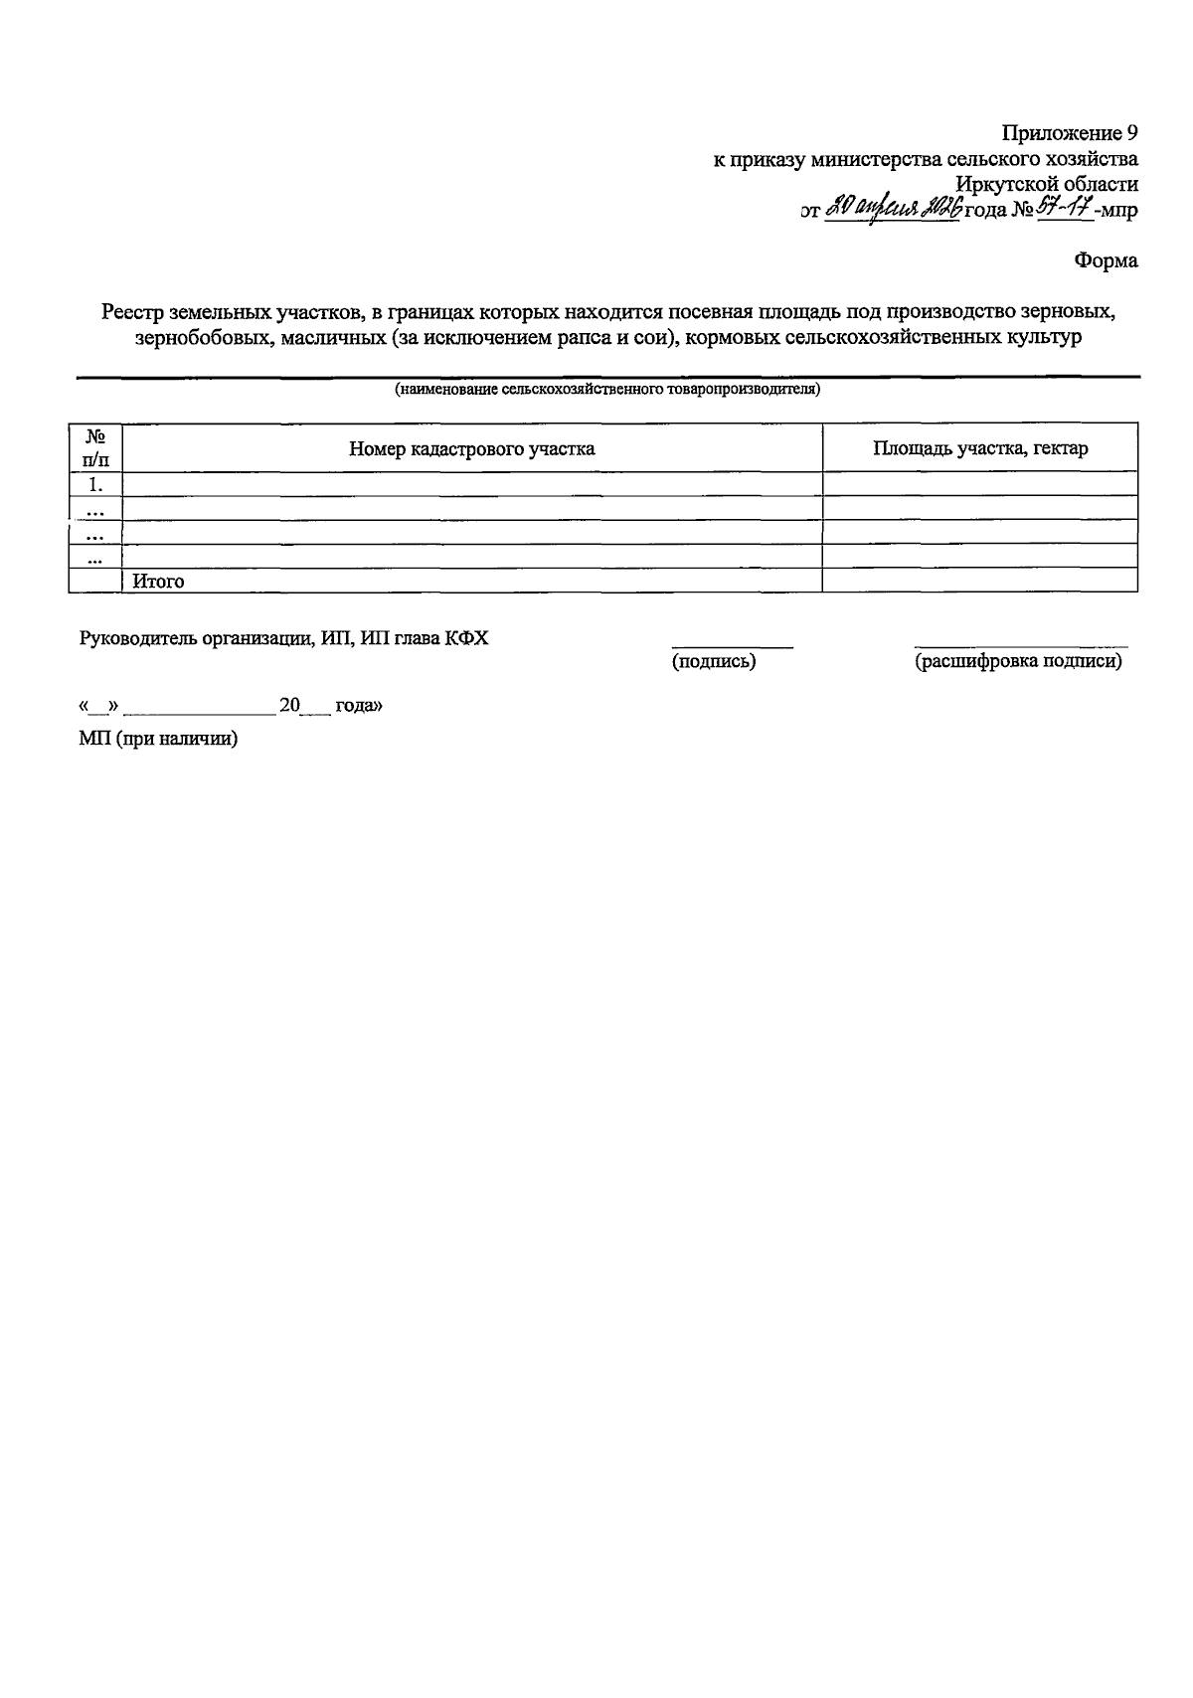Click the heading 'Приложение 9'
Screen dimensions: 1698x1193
pyautogui.click(x=1069, y=133)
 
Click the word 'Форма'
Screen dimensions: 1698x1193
pyautogui.click(x=1106, y=261)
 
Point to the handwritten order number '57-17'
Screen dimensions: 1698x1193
pyautogui.click(x=1065, y=209)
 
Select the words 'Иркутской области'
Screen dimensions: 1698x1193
pyautogui.click(x=1047, y=184)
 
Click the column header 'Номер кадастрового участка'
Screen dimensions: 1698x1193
pyautogui.click(x=471, y=448)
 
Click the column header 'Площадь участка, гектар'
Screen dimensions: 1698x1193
pyautogui.click(x=979, y=448)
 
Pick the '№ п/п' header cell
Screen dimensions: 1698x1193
pyautogui.click(x=95, y=447)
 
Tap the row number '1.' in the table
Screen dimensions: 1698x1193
pyautogui.click(x=95, y=484)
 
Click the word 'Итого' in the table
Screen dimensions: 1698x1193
pyautogui.click(x=158, y=582)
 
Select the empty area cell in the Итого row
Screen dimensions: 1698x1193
pyautogui.click(x=979, y=581)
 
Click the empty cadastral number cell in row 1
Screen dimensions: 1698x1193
pyautogui.click(x=471, y=484)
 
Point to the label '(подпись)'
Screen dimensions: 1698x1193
pyautogui.click(x=714, y=661)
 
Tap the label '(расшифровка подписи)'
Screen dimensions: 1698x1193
pyautogui.click(x=1018, y=661)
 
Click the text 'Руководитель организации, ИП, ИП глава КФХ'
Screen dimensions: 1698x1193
pyautogui.click(x=283, y=638)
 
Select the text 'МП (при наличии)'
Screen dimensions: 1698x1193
pyautogui.click(x=158, y=739)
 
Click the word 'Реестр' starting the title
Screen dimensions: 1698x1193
pyautogui.click(x=132, y=312)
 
